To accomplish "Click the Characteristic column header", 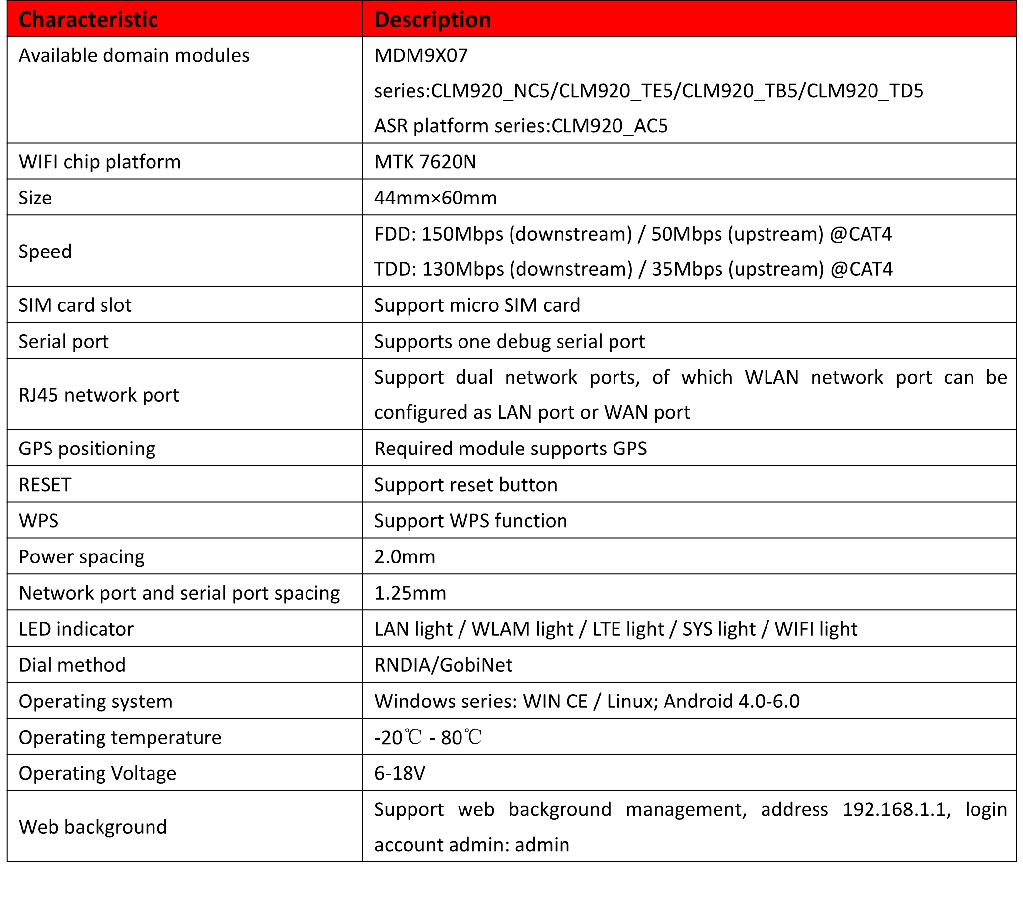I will click(88, 20).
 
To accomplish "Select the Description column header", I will click(432, 20).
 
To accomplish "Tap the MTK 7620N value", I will click(425, 162).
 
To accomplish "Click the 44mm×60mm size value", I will click(435, 198).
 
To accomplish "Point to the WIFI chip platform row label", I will click(100, 162).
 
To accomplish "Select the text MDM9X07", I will click(421, 55).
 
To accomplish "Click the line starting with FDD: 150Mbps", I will click(633, 234).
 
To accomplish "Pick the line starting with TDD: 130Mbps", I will click(633, 269).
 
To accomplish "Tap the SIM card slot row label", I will click(75, 305).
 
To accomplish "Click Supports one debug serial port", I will click(509, 341).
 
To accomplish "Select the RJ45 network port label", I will click(99, 395).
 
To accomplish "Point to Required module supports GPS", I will click(510, 449).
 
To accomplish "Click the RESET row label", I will click(45, 485).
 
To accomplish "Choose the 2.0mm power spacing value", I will click(405, 557).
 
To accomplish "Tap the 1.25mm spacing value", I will click(410, 593).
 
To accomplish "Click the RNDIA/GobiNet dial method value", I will click(443, 665).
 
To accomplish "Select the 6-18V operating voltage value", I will click(400, 773).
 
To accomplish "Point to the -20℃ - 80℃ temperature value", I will click(428, 737).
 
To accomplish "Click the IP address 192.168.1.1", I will click(896, 809).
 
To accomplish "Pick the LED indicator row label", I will click(76, 629).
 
